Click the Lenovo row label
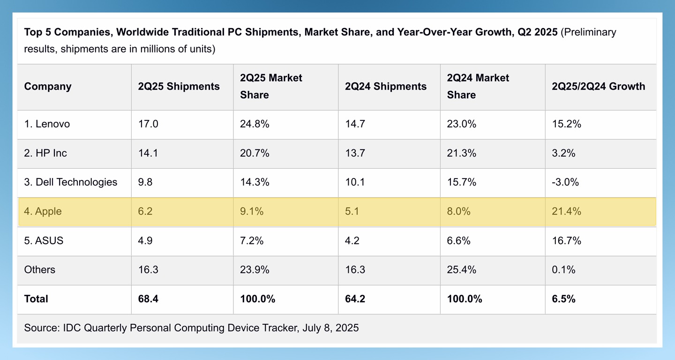[x=47, y=124]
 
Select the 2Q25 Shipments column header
[x=179, y=87]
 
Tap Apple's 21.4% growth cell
[x=566, y=211]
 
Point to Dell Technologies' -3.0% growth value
[x=565, y=182]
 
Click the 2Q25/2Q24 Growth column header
[x=598, y=87]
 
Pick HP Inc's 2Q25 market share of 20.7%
[x=255, y=153]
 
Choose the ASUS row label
[x=44, y=241]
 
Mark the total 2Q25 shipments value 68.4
[x=148, y=299]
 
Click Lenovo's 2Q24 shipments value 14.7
[x=354, y=124]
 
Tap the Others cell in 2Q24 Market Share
[x=461, y=270]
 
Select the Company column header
[x=48, y=87]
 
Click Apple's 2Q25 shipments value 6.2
[x=145, y=211]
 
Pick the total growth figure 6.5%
[x=563, y=299]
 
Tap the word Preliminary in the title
[x=588, y=32]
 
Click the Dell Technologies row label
[x=70, y=182]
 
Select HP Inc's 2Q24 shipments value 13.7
[x=354, y=153]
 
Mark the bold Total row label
[x=36, y=299]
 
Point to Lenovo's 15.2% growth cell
[x=566, y=124]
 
